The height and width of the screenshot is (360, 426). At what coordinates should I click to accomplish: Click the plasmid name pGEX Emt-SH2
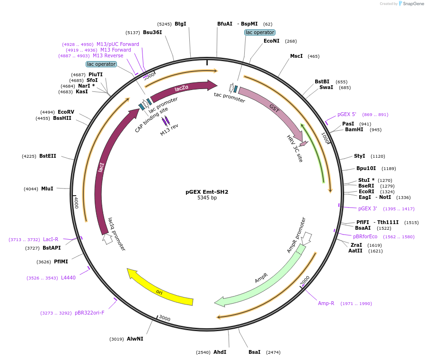point(207,192)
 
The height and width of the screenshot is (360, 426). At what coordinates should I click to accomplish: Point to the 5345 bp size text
point(207,198)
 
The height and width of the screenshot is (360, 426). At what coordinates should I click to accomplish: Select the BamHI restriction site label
point(354,129)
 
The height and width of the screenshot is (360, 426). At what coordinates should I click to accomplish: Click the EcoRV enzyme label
point(66,112)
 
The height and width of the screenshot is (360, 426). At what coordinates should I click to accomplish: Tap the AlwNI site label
point(135,339)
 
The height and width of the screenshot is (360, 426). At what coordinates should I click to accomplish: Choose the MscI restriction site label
point(296,56)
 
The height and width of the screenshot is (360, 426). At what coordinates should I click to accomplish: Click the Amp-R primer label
point(326,303)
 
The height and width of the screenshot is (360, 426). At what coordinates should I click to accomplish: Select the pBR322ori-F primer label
point(89,313)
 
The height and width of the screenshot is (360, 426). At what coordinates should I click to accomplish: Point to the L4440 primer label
point(68,278)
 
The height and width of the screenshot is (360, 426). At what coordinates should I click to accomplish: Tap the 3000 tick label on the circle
point(165,318)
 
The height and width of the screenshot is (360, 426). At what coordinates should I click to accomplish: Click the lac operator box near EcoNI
point(259,32)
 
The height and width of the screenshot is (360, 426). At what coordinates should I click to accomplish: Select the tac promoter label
point(230,97)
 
